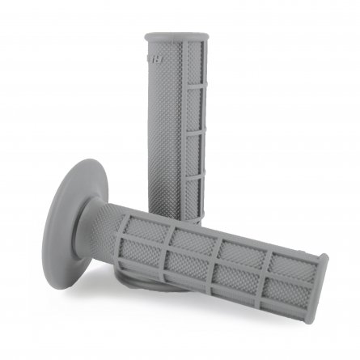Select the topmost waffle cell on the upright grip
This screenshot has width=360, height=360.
pos(195,65)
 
